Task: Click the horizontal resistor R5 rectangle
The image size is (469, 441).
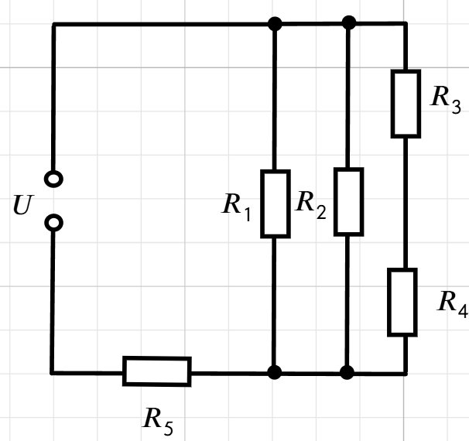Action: point(157,358)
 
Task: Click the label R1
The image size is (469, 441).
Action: point(236,207)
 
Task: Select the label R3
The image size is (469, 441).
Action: point(445,100)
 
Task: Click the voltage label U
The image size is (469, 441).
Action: point(23,205)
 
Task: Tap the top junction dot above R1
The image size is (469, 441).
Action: point(275,24)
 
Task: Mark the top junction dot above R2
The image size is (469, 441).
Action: point(349,23)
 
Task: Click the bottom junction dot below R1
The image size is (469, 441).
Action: point(274,372)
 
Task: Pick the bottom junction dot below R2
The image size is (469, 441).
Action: point(347,372)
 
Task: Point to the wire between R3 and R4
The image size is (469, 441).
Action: point(406,203)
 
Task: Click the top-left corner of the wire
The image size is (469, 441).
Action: point(54,24)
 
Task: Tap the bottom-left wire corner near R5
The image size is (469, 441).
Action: point(53,373)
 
